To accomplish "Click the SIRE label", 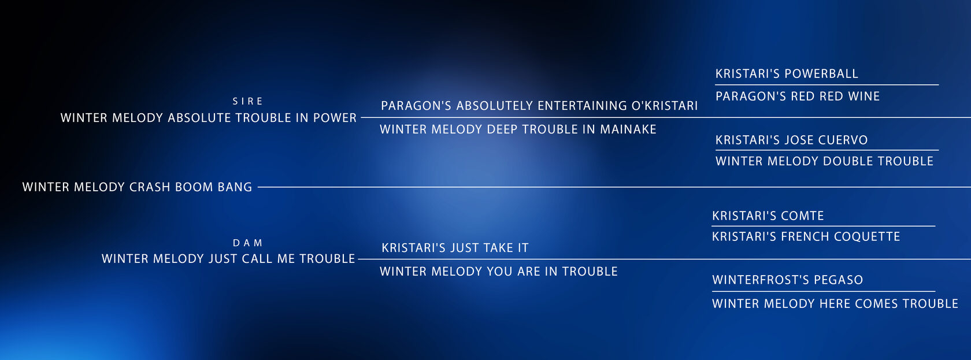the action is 247,101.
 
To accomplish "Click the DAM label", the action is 247,243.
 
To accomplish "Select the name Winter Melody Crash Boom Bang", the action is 137,187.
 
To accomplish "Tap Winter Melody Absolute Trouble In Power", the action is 209,118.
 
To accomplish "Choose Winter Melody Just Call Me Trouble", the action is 228,259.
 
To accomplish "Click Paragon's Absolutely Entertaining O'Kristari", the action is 539,106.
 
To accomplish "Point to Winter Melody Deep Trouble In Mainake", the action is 518,129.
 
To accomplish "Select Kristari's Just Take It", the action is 455,248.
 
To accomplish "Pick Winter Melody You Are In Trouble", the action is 498,271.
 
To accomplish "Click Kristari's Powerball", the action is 787,73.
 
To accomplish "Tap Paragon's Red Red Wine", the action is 798,96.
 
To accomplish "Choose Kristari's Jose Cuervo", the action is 792,140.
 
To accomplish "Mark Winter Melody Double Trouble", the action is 824,161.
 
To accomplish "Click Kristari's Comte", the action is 768,216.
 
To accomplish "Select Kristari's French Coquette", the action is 806,236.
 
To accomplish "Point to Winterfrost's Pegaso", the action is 787,280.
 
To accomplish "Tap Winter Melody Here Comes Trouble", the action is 835,304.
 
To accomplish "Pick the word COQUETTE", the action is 867,236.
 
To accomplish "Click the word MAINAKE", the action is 628,129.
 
